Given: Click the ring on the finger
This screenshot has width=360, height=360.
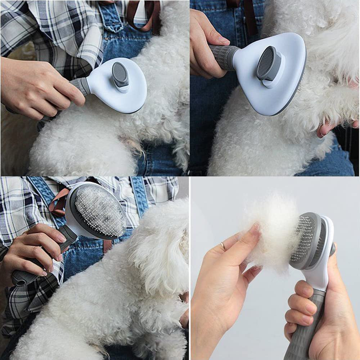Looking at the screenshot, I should (224, 247).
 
